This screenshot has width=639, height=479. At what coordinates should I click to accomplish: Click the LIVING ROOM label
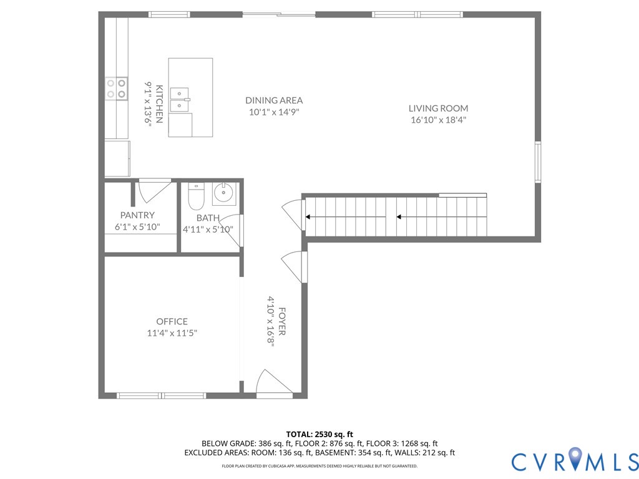click(x=438, y=108)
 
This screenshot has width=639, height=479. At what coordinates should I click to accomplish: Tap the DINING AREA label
click(x=274, y=100)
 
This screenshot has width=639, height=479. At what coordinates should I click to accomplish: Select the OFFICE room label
click(x=172, y=322)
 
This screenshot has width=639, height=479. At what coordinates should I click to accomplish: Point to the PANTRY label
click(x=137, y=215)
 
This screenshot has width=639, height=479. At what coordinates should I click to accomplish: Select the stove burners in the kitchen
click(x=116, y=88)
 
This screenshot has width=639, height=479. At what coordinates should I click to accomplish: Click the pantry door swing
click(x=152, y=190)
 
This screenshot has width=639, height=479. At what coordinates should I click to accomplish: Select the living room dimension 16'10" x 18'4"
click(x=438, y=120)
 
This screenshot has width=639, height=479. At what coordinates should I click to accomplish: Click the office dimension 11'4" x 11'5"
click(x=172, y=333)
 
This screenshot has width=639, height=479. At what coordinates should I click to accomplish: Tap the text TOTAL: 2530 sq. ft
click(x=319, y=434)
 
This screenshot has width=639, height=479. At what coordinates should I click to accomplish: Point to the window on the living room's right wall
click(x=537, y=162)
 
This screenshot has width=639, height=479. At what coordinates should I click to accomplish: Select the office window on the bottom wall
click(x=161, y=395)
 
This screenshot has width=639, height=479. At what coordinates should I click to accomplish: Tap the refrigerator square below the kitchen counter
click(x=117, y=158)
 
